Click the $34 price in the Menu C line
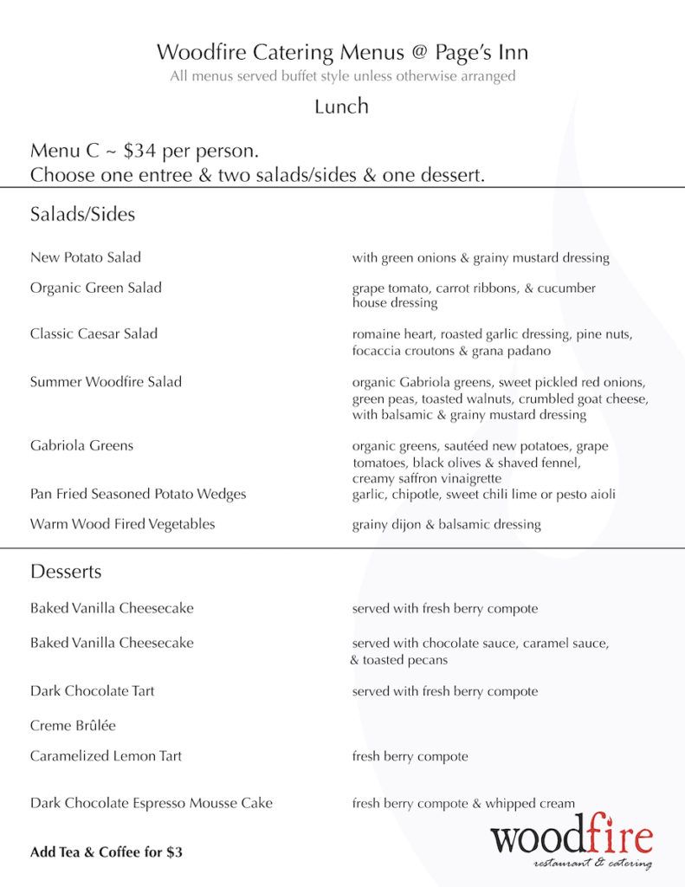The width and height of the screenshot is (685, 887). tap(141, 151)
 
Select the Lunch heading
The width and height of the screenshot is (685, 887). tap(342, 107)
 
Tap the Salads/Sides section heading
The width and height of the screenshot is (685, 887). tap(82, 214)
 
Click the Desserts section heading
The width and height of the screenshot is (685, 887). tap(66, 572)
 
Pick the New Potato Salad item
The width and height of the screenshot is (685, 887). tap(86, 257)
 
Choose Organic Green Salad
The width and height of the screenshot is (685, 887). tap(96, 288)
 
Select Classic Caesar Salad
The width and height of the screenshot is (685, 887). tap(94, 333)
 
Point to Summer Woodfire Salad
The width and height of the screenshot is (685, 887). tap(106, 381)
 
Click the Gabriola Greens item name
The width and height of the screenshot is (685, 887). tap(82, 445)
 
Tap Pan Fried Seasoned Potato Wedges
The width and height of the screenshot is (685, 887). tap(138, 494)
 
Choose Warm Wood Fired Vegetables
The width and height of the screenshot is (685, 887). tap(122, 524)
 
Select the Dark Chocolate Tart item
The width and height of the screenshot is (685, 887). tap(93, 691)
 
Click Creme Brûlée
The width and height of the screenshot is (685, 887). tap(73, 725)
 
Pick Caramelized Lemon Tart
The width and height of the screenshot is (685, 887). tap(106, 756)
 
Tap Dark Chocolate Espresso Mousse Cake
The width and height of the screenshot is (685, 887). tap(152, 803)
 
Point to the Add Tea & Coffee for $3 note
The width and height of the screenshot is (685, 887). tap(107, 852)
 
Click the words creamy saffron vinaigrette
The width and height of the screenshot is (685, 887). tap(427, 478)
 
